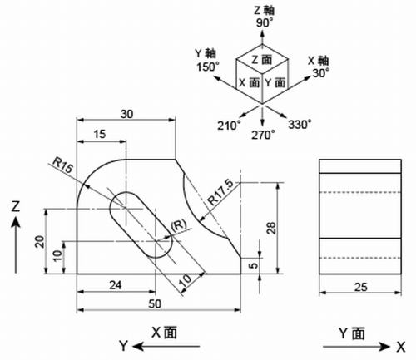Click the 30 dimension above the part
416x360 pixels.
pos(126,113)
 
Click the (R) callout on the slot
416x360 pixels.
pos(176,225)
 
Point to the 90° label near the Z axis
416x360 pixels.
pos(264,23)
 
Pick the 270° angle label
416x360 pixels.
pos(264,132)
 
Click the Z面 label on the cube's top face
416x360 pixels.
pos(264,60)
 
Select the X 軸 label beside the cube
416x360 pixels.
pos(319,60)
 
